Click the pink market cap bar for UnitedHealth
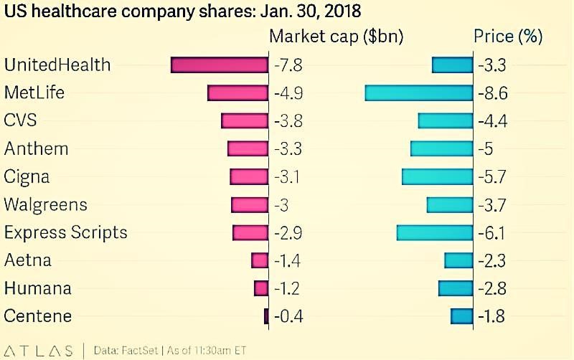point(220,65)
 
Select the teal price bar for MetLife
point(419,93)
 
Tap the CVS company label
point(19,120)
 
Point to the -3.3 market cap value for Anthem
point(288,149)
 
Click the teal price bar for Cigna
point(437,176)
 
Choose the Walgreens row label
point(45,204)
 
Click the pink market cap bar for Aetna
point(260,260)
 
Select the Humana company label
point(37,288)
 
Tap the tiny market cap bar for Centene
point(266,316)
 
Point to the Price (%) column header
point(508,37)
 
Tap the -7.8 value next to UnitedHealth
point(288,65)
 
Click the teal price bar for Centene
point(461,316)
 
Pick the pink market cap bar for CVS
point(245,120)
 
